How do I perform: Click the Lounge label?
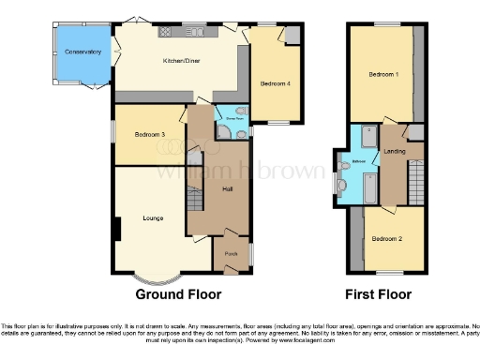(x=153, y=218)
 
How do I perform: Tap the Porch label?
(x=230, y=252)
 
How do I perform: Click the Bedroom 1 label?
(x=382, y=74)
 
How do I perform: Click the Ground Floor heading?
(x=178, y=293)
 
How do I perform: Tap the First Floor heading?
(x=379, y=293)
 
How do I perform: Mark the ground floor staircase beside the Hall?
(x=194, y=200)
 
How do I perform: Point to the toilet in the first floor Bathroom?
(x=344, y=187)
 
